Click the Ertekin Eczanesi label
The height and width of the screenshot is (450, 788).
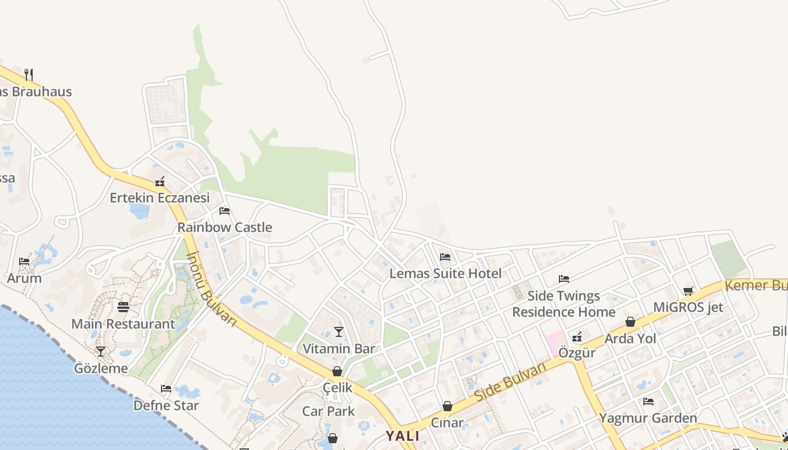point(159,197)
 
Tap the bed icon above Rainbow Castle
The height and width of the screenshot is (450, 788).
point(225,211)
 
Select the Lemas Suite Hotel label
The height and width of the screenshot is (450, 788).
point(445,273)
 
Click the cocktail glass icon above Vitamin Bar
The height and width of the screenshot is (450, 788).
point(339,332)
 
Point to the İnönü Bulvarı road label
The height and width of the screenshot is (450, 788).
point(212,288)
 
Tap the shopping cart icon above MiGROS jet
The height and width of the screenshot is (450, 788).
point(688,291)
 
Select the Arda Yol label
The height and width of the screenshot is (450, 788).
point(630,339)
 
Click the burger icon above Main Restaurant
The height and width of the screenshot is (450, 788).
point(123,307)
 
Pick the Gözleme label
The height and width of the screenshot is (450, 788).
point(101,368)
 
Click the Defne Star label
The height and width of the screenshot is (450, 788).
point(166,405)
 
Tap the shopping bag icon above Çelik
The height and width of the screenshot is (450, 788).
point(337,371)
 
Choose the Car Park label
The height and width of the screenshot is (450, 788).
point(329,411)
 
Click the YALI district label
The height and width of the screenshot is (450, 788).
point(402,436)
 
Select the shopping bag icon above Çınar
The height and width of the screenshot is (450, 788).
point(447,406)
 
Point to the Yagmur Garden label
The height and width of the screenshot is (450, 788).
point(648,418)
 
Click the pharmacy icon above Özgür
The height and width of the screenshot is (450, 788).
point(577,337)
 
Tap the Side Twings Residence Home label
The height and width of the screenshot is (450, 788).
point(563,304)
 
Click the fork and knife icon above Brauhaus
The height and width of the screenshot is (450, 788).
point(29,74)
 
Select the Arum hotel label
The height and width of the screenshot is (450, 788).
point(24,278)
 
